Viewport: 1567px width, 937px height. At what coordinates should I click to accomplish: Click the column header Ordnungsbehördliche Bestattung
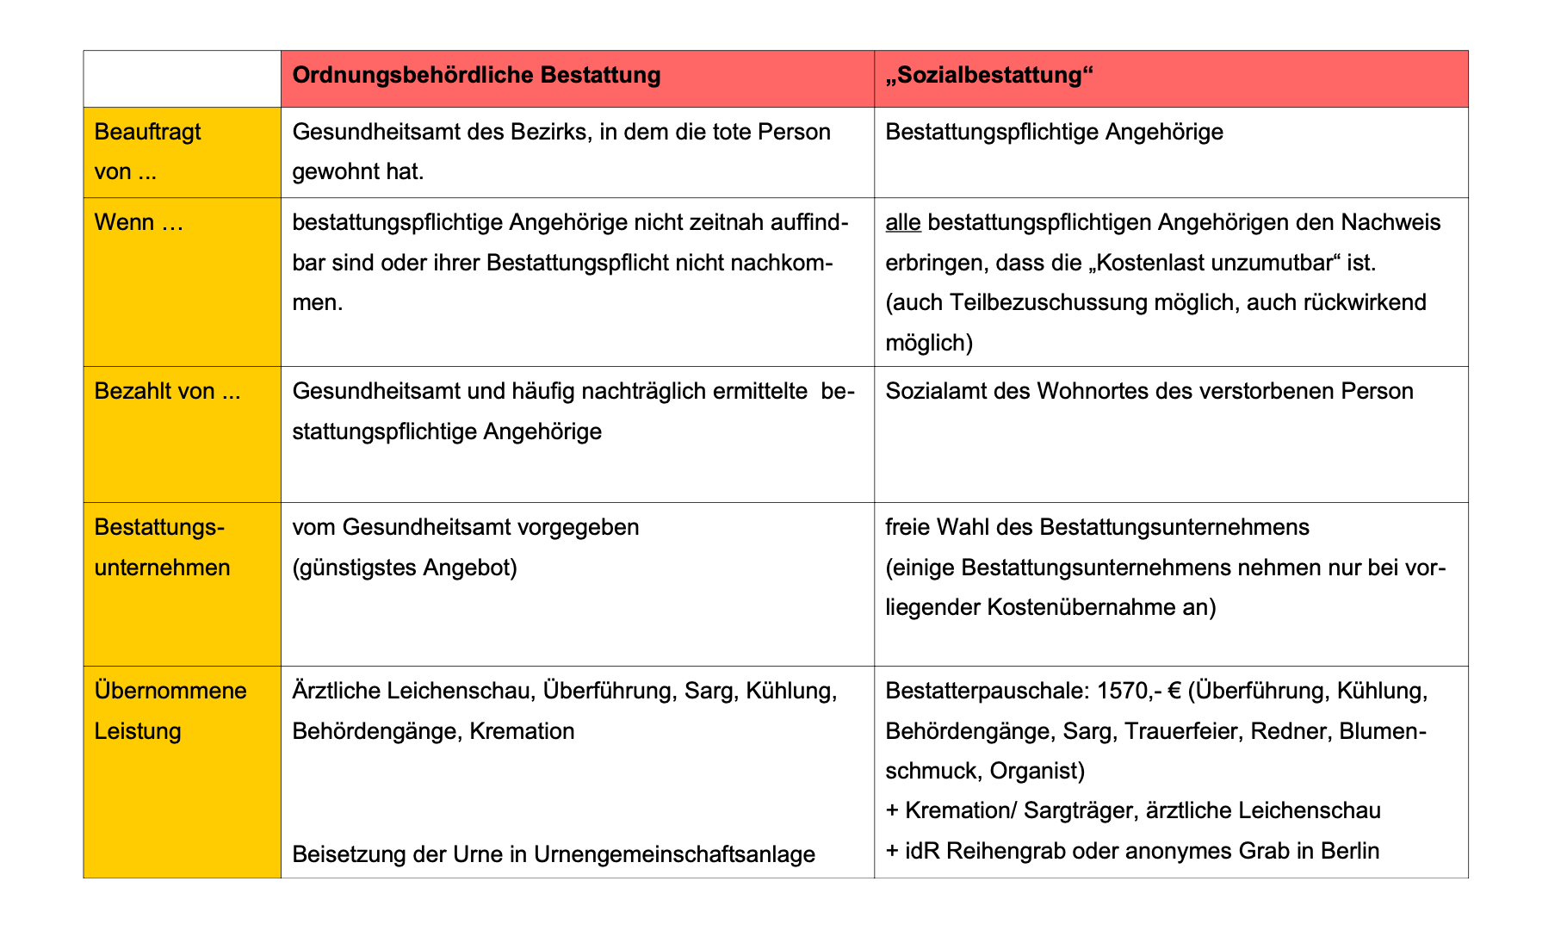coord(476,76)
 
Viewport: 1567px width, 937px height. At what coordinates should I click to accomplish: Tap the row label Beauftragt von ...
coord(147,152)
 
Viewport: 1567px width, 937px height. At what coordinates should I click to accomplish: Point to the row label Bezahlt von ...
coord(167,392)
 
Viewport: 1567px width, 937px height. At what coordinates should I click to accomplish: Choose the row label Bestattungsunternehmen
coord(162,547)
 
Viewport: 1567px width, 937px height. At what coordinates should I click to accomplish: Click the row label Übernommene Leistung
coord(170,711)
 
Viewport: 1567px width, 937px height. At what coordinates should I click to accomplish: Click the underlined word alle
coord(903,223)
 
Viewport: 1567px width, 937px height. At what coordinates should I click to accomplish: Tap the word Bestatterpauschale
coord(979,692)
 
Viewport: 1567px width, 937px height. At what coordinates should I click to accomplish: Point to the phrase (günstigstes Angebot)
coord(405,568)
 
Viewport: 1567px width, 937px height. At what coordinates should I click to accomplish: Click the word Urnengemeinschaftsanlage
coord(674,854)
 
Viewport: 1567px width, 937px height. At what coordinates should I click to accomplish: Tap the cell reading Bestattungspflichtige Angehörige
coord(1054,133)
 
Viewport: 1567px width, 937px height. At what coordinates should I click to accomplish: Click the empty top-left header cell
coord(182,78)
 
